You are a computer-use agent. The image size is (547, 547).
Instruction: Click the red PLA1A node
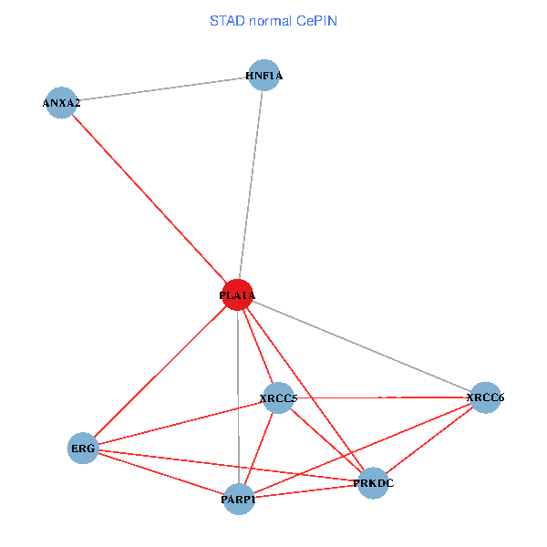coord(237,294)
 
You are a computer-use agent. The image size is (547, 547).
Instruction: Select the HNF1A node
coord(263,76)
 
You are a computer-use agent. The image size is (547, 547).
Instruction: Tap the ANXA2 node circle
coord(60,103)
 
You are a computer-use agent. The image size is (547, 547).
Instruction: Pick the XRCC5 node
coord(278,398)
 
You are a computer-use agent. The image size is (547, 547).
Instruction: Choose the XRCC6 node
coord(485,397)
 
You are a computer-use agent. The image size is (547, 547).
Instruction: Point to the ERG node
coord(82,448)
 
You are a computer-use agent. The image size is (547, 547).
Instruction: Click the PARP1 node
coord(238,499)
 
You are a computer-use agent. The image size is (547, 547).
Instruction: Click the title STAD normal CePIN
coord(273,20)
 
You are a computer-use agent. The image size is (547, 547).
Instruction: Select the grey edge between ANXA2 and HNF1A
coord(161,89)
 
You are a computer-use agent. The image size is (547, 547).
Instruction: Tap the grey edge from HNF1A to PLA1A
coord(251,182)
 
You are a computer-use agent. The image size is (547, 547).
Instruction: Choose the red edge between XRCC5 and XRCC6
coord(383,397)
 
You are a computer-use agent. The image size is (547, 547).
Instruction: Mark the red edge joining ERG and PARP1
coord(160,473)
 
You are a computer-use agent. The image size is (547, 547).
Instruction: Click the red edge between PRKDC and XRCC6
coord(428,440)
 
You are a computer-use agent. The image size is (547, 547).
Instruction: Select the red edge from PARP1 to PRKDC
coord(305,491)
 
